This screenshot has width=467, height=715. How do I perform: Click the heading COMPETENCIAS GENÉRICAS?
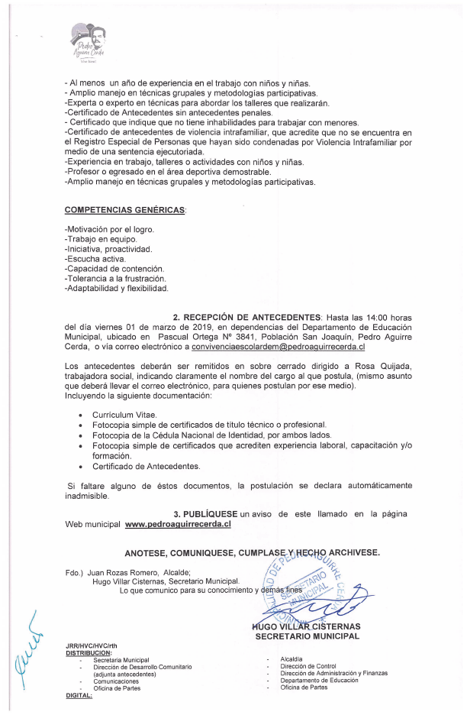[x=125, y=209]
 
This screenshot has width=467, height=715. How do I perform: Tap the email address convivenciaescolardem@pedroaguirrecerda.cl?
[x=278, y=347]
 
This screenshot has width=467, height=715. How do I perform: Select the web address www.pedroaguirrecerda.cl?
[x=177, y=524]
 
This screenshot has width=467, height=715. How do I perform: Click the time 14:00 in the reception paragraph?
[x=370, y=316]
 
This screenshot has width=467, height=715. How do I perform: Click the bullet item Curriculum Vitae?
[x=124, y=415]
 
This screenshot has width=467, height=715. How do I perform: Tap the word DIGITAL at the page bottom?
[x=79, y=694]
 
